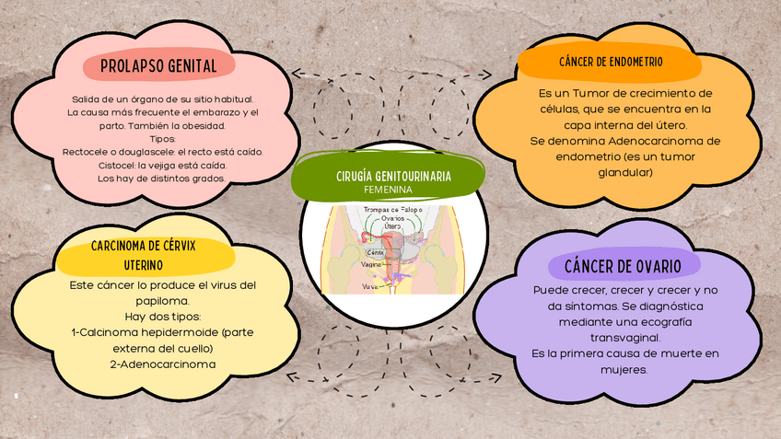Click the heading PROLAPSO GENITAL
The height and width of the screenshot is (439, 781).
click(x=158, y=66)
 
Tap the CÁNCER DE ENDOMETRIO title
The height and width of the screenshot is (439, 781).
click(x=611, y=62)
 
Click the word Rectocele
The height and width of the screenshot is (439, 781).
click(x=87, y=152)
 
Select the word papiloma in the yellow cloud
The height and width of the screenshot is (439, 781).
click(x=162, y=300)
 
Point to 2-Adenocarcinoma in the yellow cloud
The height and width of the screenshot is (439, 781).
click(x=162, y=364)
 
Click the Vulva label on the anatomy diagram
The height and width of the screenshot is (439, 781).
click(x=370, y=287)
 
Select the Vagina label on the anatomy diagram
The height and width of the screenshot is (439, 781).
click(x=372, y=264)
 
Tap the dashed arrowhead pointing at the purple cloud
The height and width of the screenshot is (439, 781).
click(x=495, y=375)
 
